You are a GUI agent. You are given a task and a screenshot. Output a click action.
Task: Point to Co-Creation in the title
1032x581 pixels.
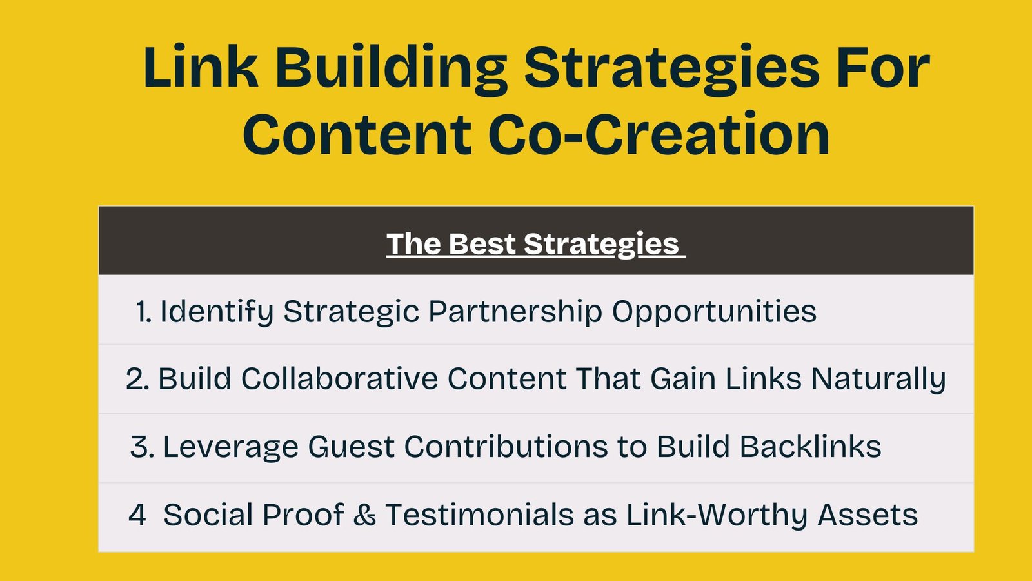659,134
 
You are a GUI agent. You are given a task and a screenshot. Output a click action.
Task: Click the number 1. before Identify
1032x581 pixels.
144,311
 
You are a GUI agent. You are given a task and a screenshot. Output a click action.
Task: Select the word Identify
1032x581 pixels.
216,311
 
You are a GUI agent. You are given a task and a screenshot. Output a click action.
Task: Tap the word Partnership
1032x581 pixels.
515,311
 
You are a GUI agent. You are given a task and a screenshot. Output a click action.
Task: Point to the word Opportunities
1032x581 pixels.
714,311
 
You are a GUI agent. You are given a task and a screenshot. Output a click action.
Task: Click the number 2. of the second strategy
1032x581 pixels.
137,379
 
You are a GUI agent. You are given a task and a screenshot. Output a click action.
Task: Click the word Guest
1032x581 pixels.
351,447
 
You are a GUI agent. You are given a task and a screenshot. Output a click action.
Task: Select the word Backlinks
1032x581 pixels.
810,446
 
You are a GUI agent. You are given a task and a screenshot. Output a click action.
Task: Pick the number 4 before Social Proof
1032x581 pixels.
137,515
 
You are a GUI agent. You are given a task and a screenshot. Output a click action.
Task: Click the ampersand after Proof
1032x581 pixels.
364,515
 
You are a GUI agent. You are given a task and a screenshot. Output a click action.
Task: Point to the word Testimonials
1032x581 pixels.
480,514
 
